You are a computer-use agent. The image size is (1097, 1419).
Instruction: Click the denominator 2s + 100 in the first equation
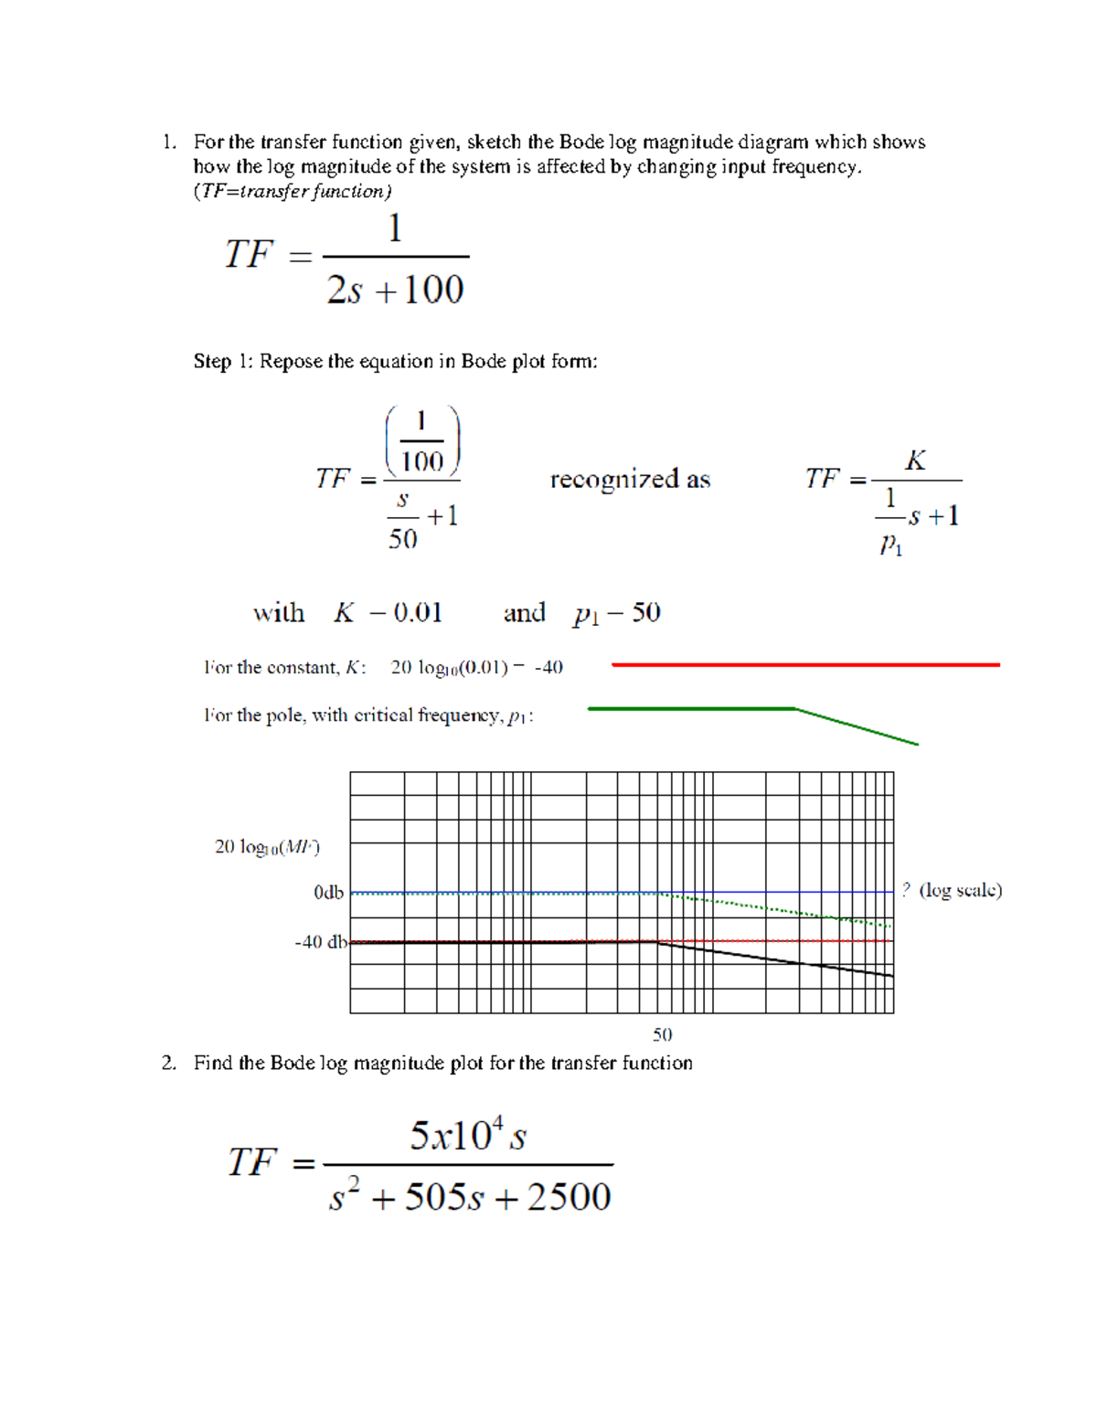tap(395, 291)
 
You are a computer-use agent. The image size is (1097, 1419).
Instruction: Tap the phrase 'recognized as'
tap(630, 480)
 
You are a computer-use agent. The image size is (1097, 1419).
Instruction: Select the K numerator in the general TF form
tap(915, 461)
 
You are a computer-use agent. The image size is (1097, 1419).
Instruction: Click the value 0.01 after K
tap(418, 613)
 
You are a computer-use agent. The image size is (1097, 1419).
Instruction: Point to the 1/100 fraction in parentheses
tap(421, 441)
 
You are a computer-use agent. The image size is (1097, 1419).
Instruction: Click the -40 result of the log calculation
tap(548, 668)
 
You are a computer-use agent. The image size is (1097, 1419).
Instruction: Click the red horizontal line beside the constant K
tap(804, 665)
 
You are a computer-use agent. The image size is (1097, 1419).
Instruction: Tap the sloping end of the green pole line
tap(859, 727)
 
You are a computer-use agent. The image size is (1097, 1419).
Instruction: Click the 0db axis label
tap(328, 893)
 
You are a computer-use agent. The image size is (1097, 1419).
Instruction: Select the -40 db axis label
tap(321, 942)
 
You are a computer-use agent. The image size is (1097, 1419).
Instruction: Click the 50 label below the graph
tap(662, 1034)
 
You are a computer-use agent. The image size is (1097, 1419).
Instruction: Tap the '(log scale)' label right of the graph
tap(960, 891)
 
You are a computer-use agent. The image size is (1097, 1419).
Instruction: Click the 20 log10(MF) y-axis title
tap(267, 847)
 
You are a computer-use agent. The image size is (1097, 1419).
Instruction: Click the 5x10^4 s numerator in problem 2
tap(467, 1137)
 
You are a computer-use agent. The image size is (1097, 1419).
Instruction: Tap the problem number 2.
tap(167, 1064)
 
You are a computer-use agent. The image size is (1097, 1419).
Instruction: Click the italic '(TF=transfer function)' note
tap(293, 192)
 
